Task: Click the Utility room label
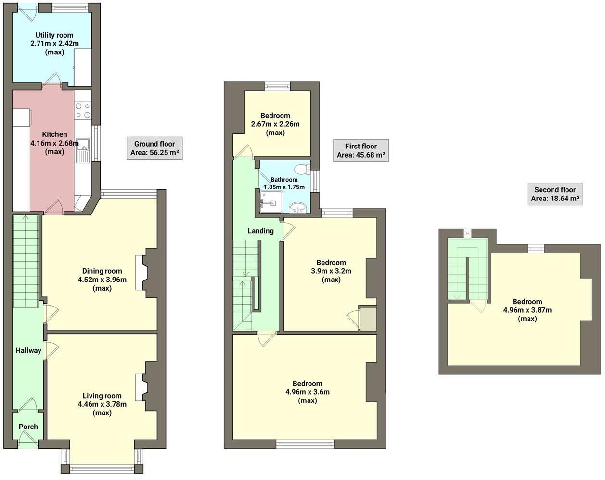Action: coord(54,35)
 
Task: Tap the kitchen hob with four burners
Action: coord(83,110)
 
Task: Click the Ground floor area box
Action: coord(154,148)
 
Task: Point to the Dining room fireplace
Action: coord(140,273)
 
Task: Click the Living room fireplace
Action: coord(140,387)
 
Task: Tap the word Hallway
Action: coord(28,351)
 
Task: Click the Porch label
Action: coord(28,427)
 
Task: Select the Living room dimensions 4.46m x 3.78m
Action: coord(102,404)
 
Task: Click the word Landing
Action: coord(260,231)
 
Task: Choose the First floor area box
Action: coord(360,150)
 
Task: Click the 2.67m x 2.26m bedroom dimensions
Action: coord(275,124)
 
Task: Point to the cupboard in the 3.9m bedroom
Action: coord(368,319)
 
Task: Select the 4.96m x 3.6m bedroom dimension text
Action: coord(308,392)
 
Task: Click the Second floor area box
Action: coord(555,194)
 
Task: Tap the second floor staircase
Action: coord(467,270)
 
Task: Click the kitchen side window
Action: coord(96,143)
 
